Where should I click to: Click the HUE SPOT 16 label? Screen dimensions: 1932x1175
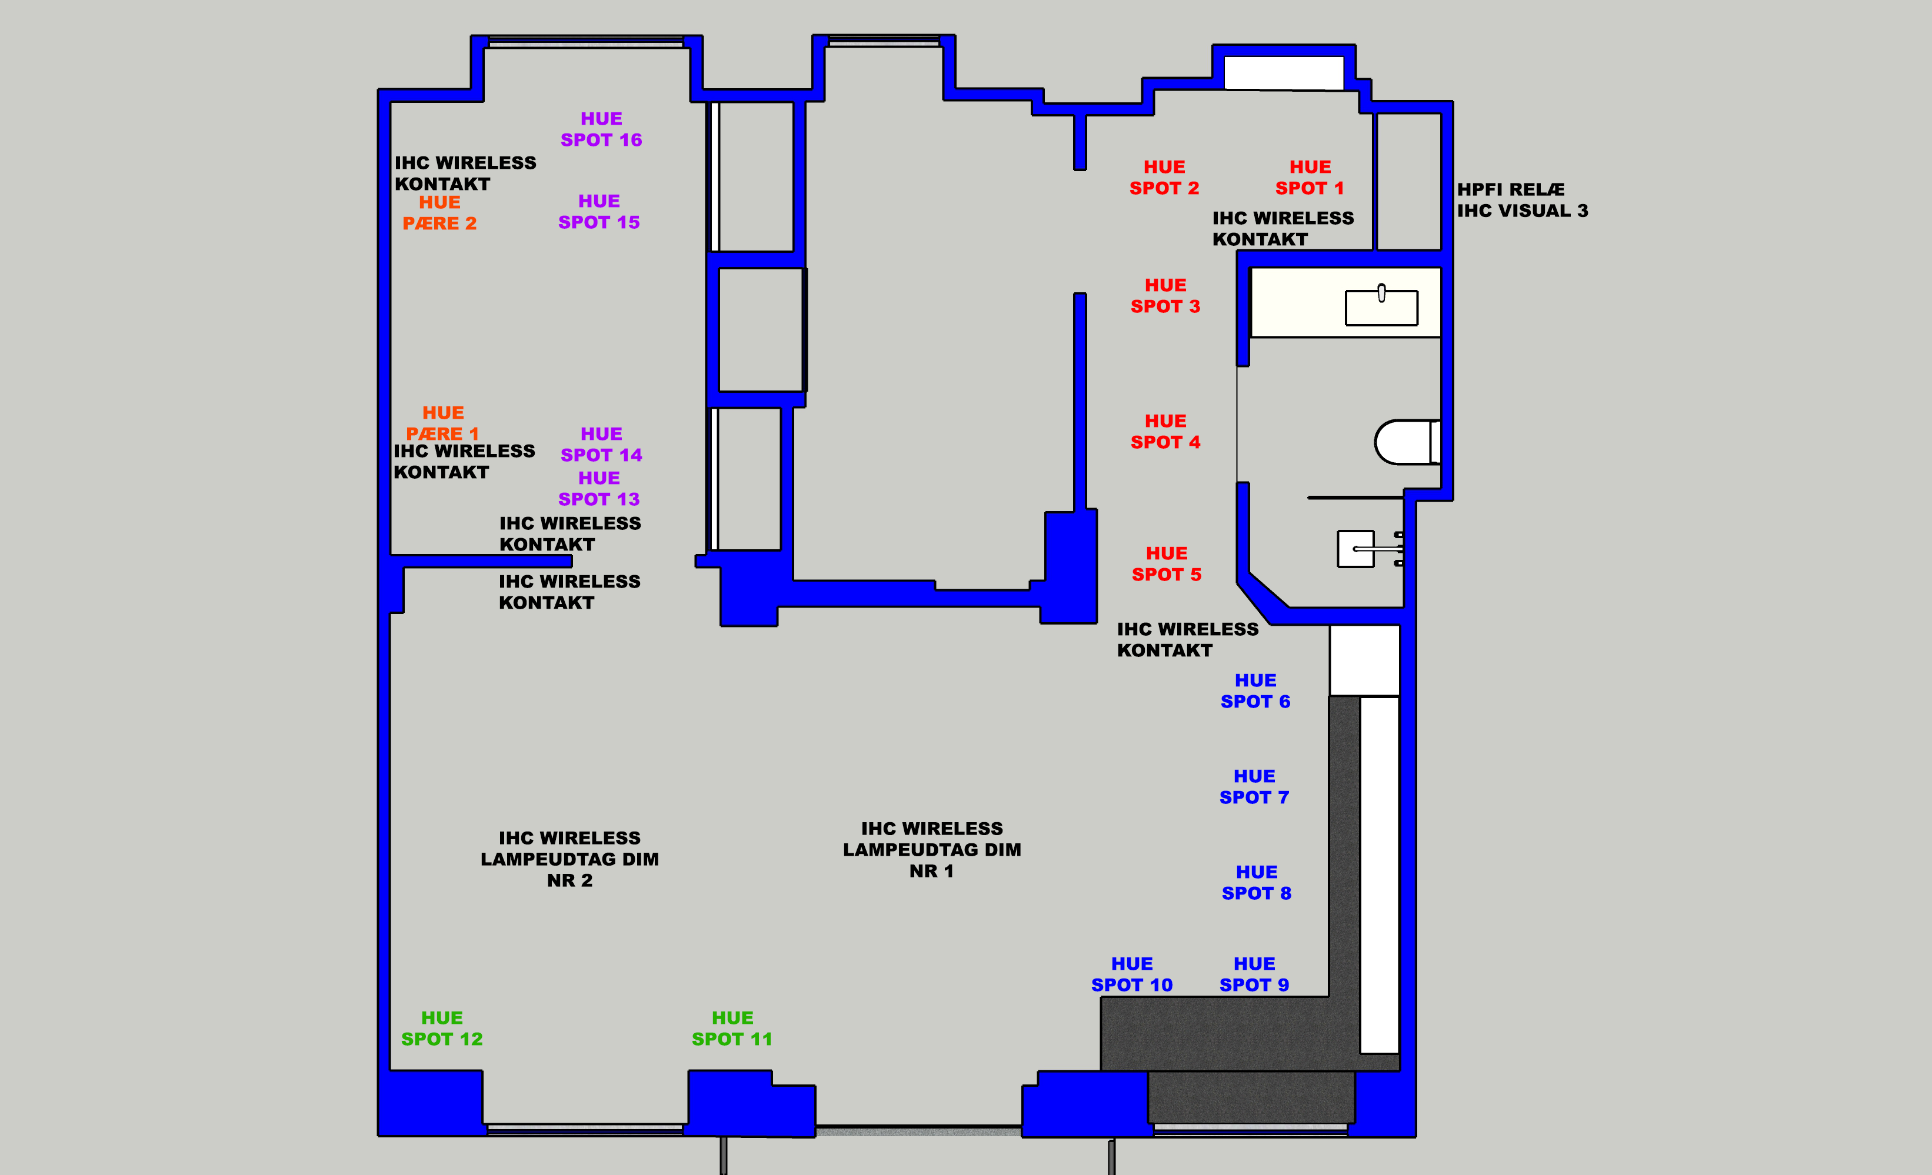point(601,129)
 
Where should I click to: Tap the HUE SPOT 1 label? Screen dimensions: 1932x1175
point(1310,178)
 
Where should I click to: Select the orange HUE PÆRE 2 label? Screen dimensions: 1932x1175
point(440,212)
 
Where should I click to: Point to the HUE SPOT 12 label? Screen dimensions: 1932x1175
point(442,1029)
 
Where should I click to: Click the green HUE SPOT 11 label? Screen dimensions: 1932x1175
point(732,1029)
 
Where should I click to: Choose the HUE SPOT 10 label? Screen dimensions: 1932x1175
point(1132,974)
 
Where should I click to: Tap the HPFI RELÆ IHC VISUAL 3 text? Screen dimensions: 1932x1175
point(1523,200)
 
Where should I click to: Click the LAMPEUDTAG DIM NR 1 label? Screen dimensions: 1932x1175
point(932,850)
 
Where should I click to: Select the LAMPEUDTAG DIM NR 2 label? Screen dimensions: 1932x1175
point(570,859)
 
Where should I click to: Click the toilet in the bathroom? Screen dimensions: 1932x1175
point(1407,442)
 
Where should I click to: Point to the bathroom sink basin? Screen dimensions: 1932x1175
point(1381,306)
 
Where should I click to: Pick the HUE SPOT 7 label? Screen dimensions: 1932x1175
point(1254,787)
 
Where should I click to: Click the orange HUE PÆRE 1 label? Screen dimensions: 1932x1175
point(443,423)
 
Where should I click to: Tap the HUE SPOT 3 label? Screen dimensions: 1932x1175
point(1166,295)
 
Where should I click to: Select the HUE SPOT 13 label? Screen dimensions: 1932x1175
point(599,488)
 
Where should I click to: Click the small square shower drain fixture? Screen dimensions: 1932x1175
point(1355,549)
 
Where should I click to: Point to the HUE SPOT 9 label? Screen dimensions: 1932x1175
point(1254,974)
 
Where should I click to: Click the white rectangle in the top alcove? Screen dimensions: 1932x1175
point(1284,73)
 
